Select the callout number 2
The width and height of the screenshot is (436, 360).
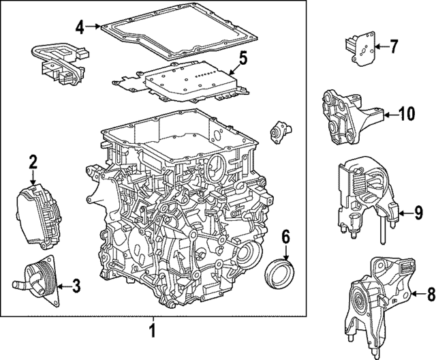pyautogui.click(x=32, y=162)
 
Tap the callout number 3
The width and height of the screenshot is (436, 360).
pyautogui.click(x=76, y=286)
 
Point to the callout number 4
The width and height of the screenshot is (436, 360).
pyautogui.click(x=80, y=27)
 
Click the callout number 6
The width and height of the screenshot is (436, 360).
pyautogui.click(x=285, y=238)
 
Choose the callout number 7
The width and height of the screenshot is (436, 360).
pyautogui.click(x=394, y=46)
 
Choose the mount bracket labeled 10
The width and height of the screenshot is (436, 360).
pyautogui.click(x=347, y=116)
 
